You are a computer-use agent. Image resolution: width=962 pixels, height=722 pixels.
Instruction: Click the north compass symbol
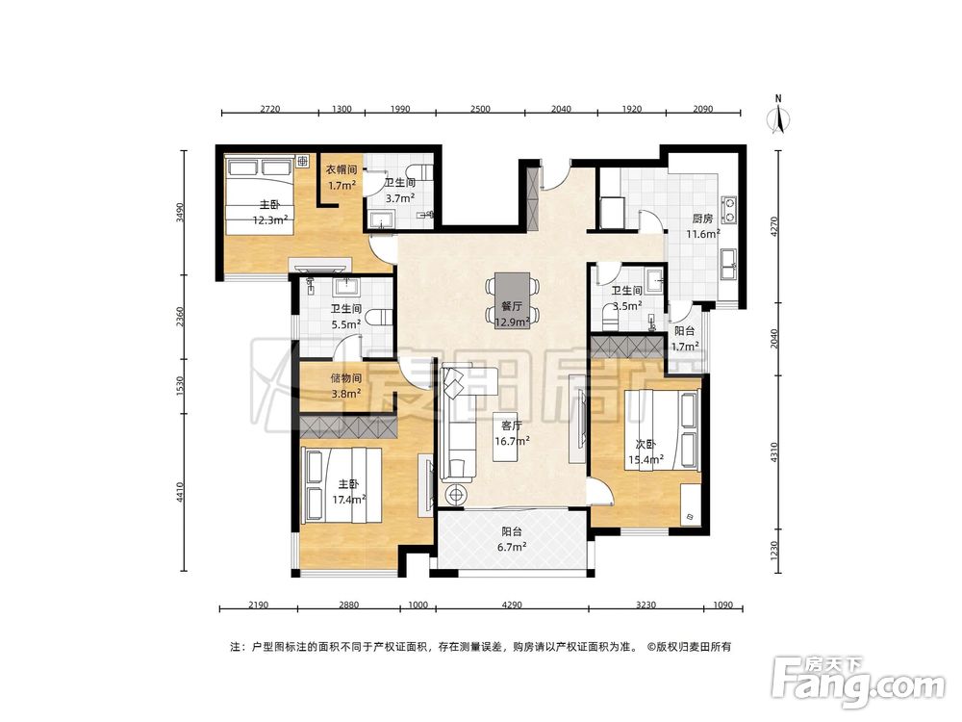[x=778, y=116]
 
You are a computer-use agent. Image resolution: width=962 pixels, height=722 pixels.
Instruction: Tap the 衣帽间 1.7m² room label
[x=342, y=177]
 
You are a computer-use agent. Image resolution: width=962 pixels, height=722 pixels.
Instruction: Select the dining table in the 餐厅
[x=513, y=298]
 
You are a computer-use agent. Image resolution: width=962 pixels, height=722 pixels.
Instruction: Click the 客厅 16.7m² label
[x=512, y=433]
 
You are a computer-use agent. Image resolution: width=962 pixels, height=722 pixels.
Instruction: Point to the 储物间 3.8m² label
[x=346, y=386]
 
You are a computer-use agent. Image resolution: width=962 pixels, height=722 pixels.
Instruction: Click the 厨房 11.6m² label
[x=702, y=226]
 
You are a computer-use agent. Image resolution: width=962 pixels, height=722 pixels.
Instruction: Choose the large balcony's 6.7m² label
[x=512, y=539]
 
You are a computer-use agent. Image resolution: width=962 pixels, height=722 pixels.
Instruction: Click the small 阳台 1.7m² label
[x=685, y=338]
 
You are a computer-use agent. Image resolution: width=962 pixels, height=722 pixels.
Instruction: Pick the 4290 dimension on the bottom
[x=512, y=605]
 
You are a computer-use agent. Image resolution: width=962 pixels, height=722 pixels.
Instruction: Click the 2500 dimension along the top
[x=480, y=109]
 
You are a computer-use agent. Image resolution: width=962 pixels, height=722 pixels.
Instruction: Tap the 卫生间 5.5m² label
[x=346, y=316]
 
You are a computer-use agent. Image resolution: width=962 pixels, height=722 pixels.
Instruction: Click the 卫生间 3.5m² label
[x=626, y=297]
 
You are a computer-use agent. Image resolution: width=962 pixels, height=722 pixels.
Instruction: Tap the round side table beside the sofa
[x=455, y=494]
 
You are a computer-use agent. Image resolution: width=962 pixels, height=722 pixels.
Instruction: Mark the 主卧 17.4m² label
[x=349, y=491]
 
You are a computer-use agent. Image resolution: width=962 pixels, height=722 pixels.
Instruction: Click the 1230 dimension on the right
[x=774, y=550]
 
